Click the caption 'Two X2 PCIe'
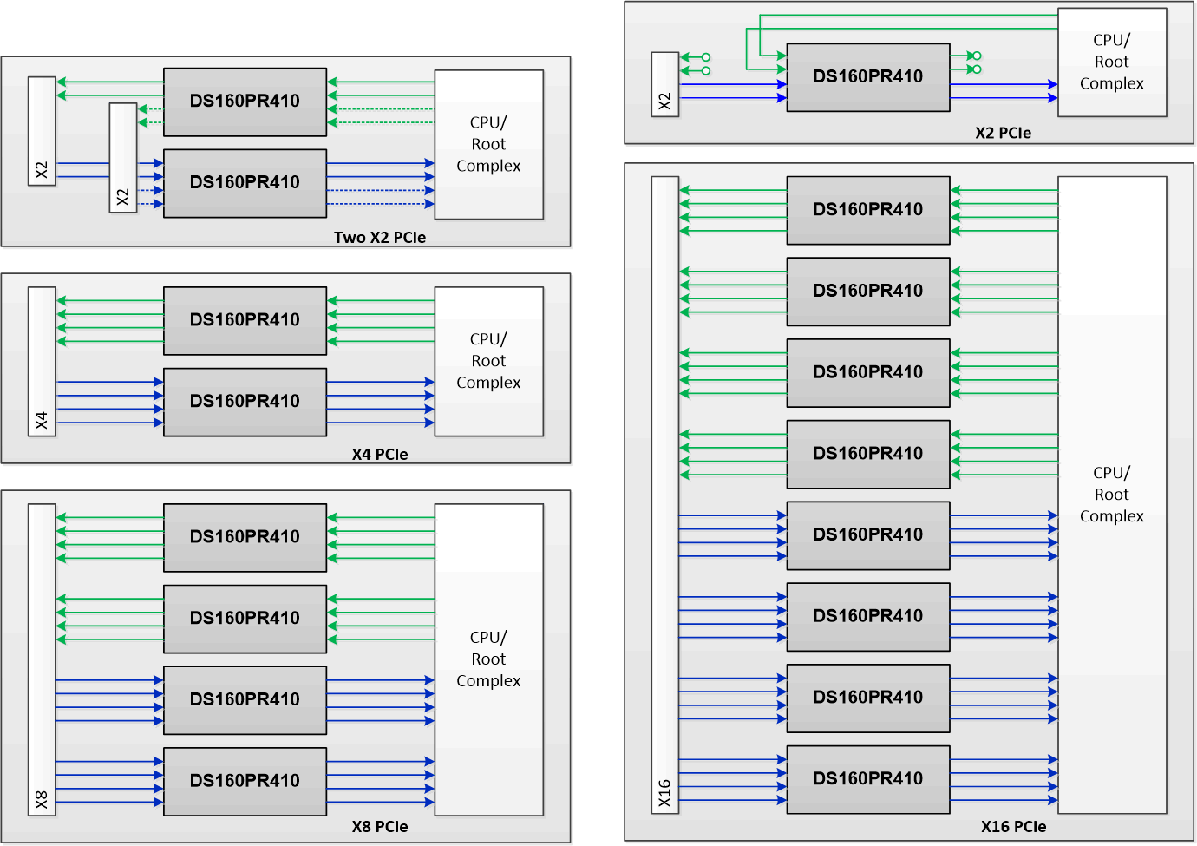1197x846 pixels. click(x=379, y=237)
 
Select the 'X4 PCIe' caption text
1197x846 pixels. click(x=379, y=454)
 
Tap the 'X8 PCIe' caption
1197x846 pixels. click(x=379, y=826)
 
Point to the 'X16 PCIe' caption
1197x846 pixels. click(x=1013, y=826)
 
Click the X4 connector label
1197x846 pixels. click(x=42, y=421)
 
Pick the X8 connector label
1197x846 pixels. click(x=42, y=799)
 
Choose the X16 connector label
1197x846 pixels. click(x=664, y=793)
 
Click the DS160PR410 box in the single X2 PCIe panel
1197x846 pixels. click(x=867, y=76)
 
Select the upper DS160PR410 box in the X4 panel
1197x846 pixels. click(x=245, y=320)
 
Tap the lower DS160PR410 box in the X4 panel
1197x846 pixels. click(x=245, y=401)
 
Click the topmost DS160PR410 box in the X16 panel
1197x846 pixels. click(x=867, y=209)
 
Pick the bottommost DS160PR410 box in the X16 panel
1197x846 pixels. click(x=867, y=778)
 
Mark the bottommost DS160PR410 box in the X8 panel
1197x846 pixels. click(x=245, y=780)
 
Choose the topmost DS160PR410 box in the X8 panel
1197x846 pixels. click(x=245, y=536)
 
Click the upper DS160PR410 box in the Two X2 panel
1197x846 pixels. click(x=245, y=101)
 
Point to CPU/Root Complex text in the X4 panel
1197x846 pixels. click(x=488, y=361)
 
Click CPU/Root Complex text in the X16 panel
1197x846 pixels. click(x=1111, y=495)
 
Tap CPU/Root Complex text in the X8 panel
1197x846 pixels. click(x=488, y=659)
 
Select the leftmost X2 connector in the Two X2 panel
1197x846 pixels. click(x=42, y=130)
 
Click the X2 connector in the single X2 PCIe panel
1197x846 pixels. click(x=664, y=84)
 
